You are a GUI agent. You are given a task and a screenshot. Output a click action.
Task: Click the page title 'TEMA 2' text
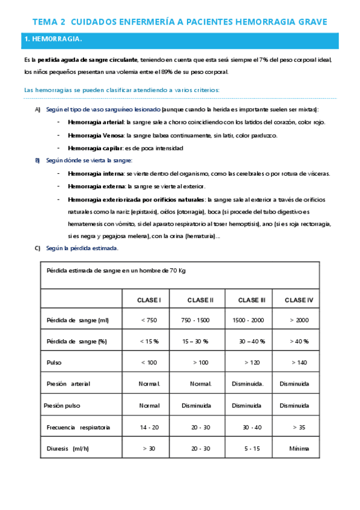click(x=49, y=22)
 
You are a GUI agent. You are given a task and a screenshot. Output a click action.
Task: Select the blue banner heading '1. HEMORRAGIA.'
click(x=53, y=40)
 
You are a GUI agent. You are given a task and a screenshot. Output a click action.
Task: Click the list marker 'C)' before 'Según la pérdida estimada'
click(x=37, y=248)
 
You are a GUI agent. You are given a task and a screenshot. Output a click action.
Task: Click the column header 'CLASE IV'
click(x=299, y=300)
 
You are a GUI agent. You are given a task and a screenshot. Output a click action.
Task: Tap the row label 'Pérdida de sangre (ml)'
click(x=78, y=320)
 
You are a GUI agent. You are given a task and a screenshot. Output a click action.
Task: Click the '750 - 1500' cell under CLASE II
click(x=195, y=320)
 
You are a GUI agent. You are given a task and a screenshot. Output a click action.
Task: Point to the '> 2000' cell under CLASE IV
click(x=299, y=320)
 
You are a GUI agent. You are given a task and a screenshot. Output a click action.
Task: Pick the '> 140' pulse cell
click(x=299, y=363)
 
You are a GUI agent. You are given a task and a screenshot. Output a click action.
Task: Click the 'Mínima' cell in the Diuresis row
click(x=299, y=449)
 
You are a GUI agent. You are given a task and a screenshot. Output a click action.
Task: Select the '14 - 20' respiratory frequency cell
click(x=149, y=427)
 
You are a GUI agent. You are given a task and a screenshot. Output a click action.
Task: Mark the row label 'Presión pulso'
click(x=62, y=405)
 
